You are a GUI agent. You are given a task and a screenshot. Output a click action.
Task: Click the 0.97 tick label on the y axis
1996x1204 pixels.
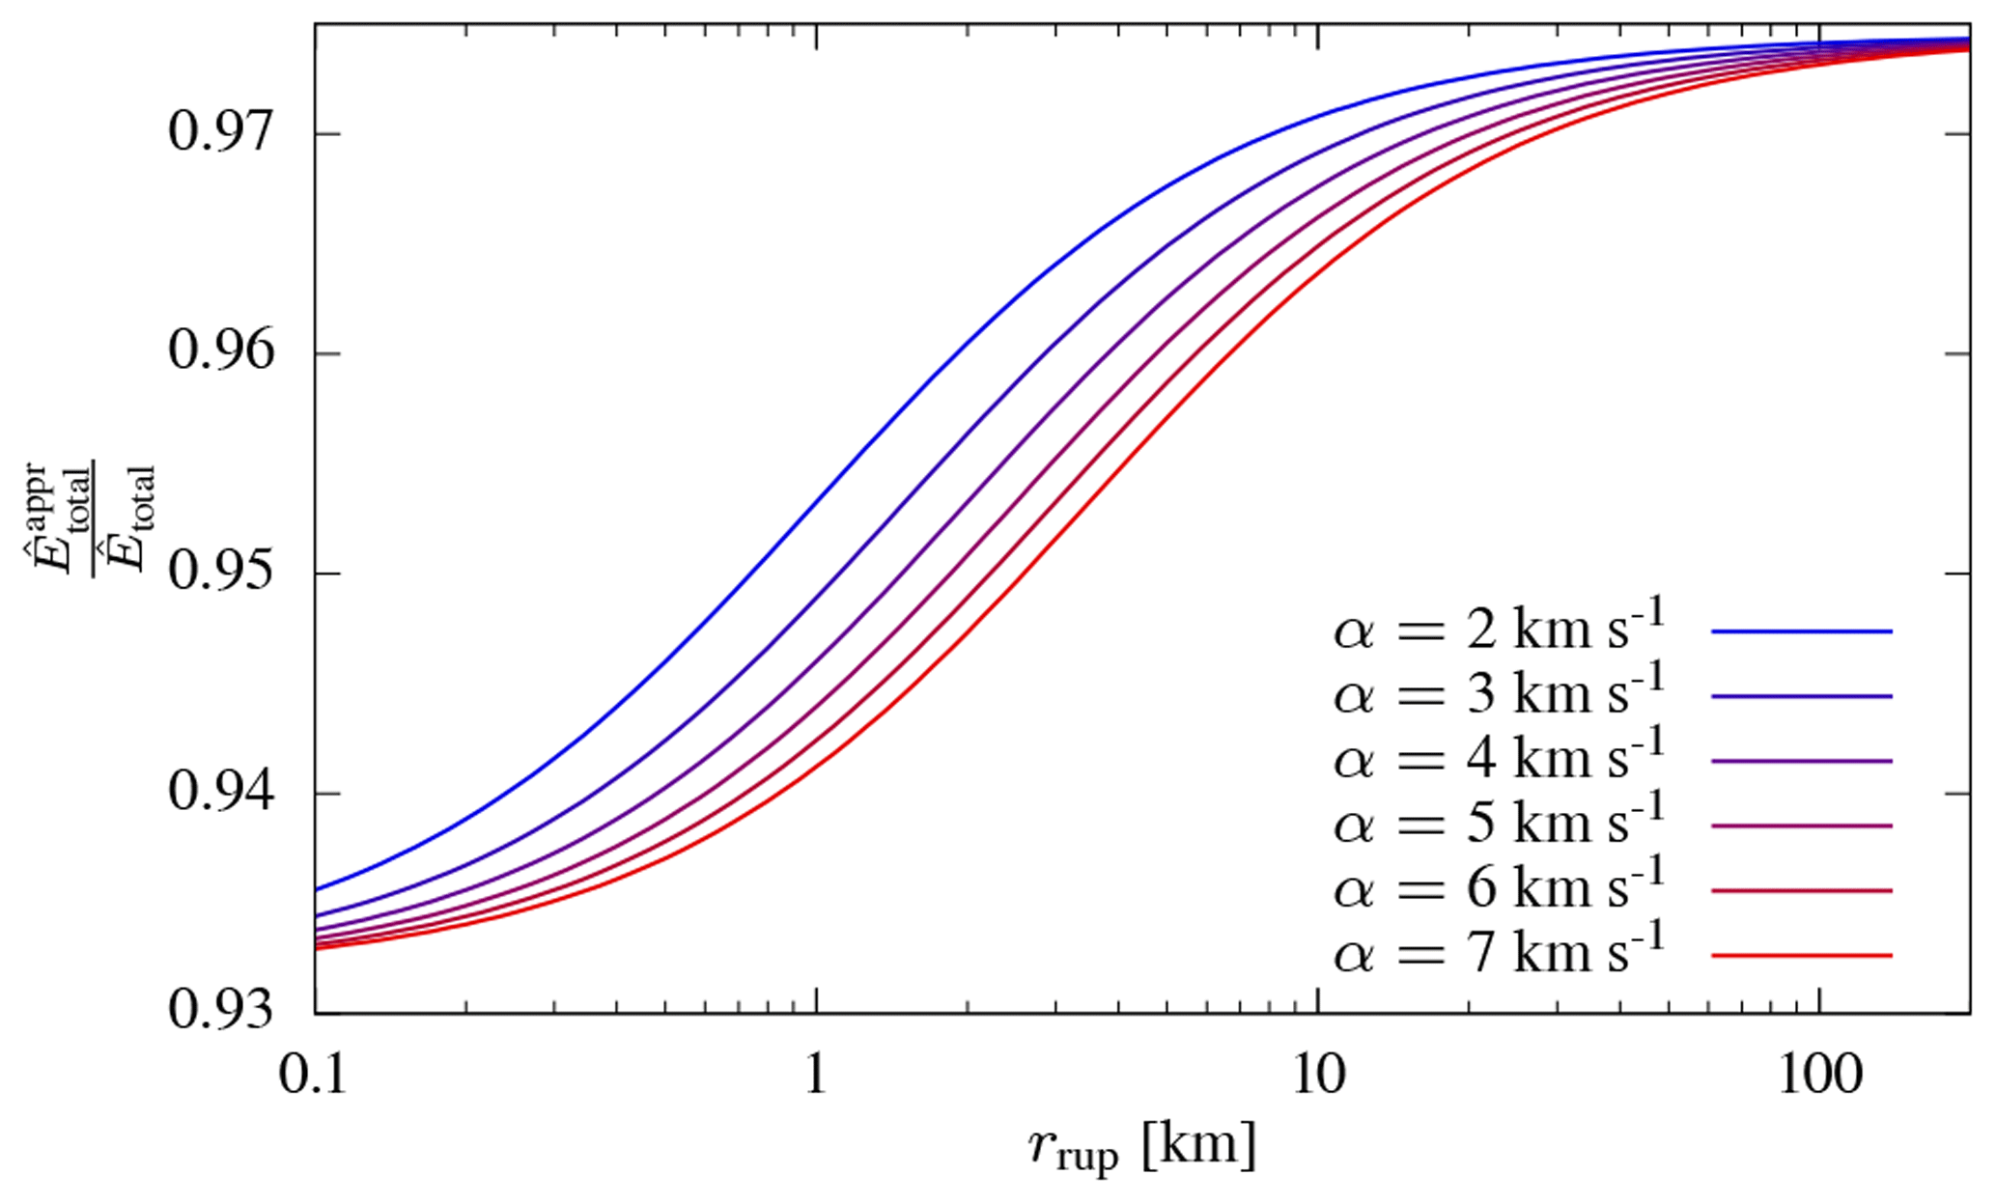pos(221,133)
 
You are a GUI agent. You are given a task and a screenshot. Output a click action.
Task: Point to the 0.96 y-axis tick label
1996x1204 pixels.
pos(221,353)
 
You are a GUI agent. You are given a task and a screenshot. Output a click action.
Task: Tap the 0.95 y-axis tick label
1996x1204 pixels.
pos(221,574)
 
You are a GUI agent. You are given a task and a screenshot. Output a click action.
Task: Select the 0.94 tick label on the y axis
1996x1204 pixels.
pos(221,794)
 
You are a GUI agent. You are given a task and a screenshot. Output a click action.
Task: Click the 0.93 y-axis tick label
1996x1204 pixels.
pos(221,1012)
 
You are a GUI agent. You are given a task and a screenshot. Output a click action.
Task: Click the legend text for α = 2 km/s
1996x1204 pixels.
pos(1499,631)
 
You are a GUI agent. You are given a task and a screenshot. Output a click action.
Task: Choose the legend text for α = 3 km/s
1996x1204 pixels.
pos(1499,696)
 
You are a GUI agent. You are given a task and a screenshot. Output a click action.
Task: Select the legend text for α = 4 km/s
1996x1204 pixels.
pos(1499,761)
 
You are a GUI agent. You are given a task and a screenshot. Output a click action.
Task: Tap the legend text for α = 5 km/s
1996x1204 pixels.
pos(1499,826)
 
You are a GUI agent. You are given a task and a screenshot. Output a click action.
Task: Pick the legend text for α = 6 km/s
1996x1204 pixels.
pos(1499,890)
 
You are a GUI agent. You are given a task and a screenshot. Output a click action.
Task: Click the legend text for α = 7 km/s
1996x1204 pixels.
pos(1499,955)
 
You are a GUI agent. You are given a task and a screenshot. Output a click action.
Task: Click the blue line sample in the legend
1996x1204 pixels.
pos(1801,631)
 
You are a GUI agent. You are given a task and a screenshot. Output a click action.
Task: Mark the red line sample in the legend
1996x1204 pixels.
pos(1801,956)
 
